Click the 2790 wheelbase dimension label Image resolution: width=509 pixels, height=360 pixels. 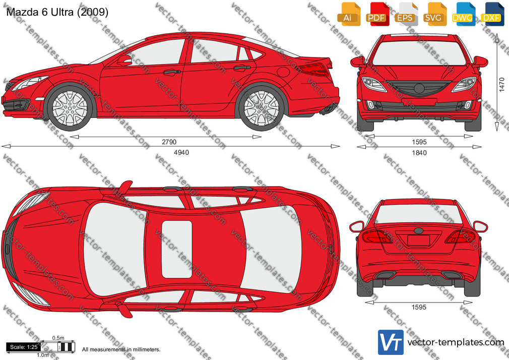point(169,142)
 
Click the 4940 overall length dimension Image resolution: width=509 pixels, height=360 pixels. point(181,152)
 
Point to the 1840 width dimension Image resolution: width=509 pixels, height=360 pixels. point(419,153)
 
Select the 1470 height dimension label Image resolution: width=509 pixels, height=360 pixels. point(501,85)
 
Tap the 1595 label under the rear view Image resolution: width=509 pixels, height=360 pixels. point(419,307)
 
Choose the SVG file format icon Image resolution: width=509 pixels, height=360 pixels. point(434,14)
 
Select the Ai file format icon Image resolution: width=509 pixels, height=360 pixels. point(348,14)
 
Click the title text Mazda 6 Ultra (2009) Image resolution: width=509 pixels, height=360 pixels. point(57,12)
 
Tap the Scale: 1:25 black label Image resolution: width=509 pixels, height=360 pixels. point(23,347)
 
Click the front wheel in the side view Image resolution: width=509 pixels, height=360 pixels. point(70,108)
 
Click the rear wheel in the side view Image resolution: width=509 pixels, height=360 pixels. point(262,108)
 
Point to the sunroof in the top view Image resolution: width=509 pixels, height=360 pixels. point(177,249)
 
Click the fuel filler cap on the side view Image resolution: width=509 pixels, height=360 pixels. point(283,72)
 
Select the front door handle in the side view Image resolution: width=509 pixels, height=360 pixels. point(172,72)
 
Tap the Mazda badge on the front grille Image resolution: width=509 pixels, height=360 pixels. point(419,88)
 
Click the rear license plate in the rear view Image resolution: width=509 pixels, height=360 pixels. point(419,240)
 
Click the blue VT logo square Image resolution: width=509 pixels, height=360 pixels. point(391,342)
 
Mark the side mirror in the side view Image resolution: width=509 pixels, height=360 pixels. point(124,61)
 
